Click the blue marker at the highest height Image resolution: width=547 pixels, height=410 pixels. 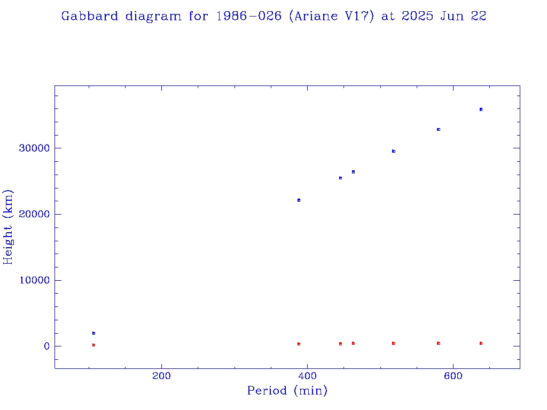coord(481,109)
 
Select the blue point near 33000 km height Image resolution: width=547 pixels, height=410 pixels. coord(439,129)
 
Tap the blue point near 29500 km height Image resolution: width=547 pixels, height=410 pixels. coord(394,151)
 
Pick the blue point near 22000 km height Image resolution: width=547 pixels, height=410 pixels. coord(299,200)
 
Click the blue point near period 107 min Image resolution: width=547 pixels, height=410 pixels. coord(93,333)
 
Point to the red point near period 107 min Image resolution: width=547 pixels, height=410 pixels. coord(93,345)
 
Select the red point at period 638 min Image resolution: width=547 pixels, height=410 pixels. coord(481,343)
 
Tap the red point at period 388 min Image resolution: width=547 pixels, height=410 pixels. coord(299,344)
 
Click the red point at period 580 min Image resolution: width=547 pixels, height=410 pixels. coord(439,343)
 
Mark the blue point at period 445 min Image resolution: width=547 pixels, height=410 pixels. coord(340,178)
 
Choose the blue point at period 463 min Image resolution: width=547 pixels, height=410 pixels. coord(353,172)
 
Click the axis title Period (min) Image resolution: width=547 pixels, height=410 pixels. coord(287,391)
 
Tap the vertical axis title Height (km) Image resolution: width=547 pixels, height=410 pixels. coord(9,227)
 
